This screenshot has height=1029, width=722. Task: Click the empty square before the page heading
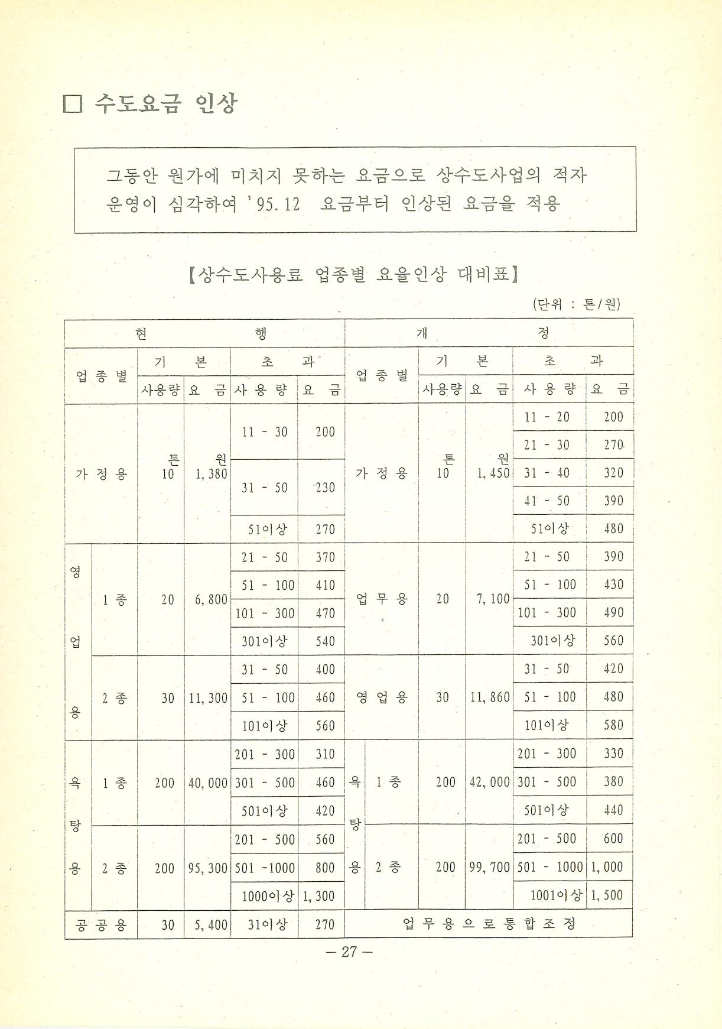[72, 105]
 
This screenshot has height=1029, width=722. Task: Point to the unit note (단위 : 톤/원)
[576, 304]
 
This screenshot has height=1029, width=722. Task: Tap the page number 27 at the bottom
[349, 952]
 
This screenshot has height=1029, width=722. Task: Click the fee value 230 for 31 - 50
[325, 488]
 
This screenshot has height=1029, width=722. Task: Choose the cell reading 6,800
[211, 600]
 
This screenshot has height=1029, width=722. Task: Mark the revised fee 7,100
[493, 599]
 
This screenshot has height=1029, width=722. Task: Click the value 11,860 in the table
[490, 697]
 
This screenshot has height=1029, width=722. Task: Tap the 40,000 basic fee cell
[208, 783]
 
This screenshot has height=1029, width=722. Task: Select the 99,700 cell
[489, 868]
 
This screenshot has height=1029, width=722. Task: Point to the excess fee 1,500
[607, 895]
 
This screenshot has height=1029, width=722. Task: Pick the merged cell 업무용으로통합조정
[489, 924]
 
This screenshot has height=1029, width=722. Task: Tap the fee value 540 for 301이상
[325, 642]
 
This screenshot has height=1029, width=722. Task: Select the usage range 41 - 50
[547, 501]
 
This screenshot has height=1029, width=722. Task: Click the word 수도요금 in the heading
[136, 104]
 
